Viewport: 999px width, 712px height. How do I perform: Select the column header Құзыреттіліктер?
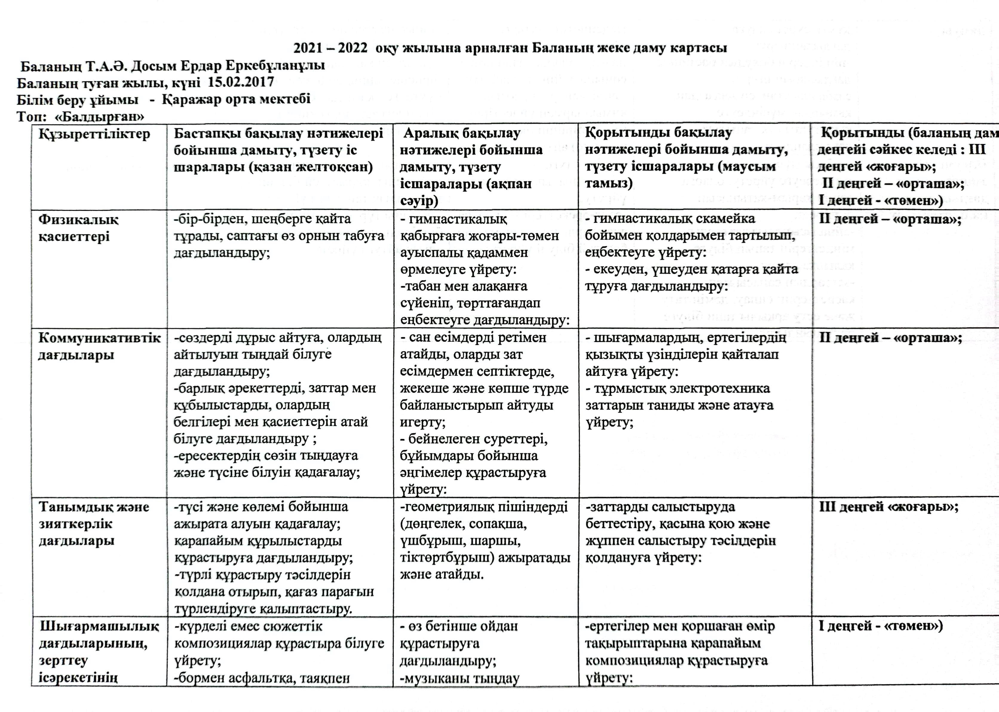coord(94,134)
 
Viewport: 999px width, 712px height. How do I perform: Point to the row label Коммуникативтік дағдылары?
coord(99,346)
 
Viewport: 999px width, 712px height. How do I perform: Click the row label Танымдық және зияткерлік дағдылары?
coord(94,524)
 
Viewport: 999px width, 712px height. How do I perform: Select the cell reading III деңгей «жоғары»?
coord(888,507)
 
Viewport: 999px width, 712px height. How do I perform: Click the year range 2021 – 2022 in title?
coord(330,48)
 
